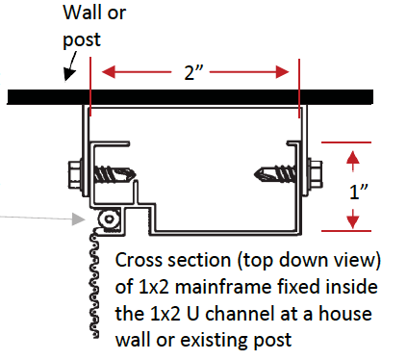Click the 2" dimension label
193,72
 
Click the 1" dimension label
359,192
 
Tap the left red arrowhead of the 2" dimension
109,72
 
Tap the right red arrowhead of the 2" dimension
282,72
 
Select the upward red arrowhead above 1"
353,157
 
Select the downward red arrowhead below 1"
353,221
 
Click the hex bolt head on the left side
74,175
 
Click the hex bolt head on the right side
316,174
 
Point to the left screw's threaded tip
132,174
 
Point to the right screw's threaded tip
259,174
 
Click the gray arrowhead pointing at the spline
79,219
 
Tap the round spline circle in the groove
109,219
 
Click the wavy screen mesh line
95,282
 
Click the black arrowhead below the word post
68,75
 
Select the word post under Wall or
82,40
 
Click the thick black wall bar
190,97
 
